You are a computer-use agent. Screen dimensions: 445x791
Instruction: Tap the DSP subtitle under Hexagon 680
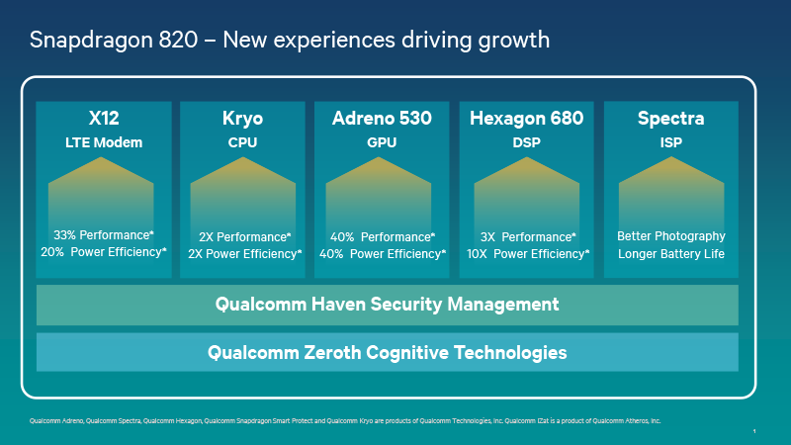(x=526, y=142)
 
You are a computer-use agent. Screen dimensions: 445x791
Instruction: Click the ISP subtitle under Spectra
(x=670, y=142)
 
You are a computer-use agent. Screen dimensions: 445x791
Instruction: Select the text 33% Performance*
(x=104, y=236)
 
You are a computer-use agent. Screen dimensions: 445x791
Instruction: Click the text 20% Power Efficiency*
(x=104, y=253)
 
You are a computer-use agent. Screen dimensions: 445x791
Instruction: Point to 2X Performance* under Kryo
(x=244, y=236)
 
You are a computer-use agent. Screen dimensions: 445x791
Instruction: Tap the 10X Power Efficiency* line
(x=528, y=253)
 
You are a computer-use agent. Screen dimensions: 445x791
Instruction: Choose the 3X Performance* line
(x=528, y=236)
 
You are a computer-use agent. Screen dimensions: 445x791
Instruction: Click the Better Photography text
(x=671, y=236)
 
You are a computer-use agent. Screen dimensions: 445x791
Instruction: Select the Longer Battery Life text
(x=671, y=253)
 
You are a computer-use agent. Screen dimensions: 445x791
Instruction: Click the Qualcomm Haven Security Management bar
(x=388, y=305)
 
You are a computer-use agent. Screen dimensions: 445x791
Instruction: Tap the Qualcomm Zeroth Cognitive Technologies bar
(x=388, y=352)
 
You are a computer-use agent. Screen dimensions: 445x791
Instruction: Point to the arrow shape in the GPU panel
(x=382, y=188)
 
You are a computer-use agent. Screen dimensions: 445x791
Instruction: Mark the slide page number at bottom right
(x=753, y=431)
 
